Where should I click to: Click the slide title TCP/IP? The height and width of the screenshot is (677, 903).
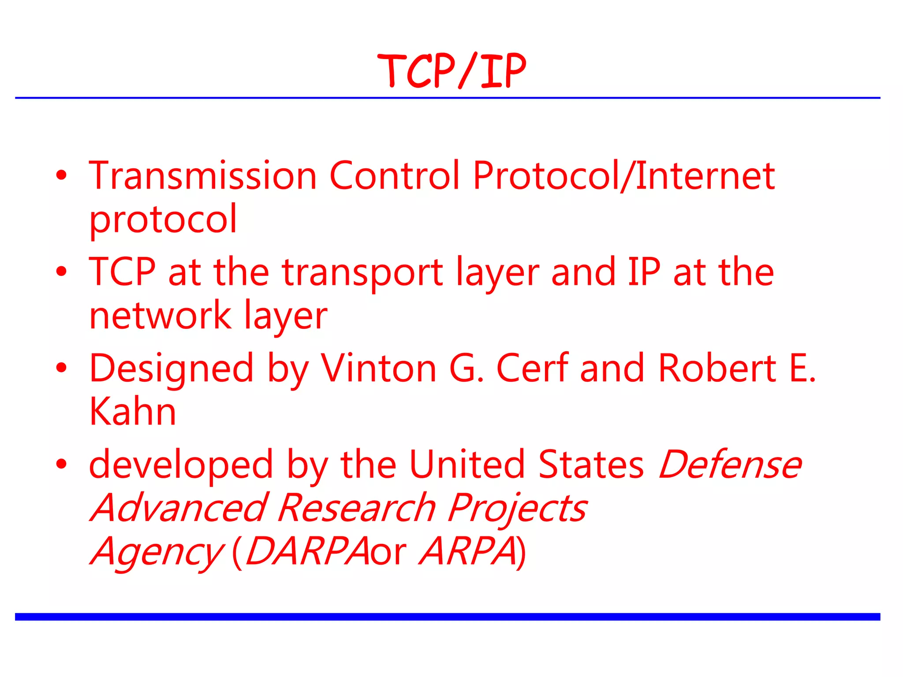click(451, 71)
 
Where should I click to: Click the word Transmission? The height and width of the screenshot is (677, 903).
click(203, 176)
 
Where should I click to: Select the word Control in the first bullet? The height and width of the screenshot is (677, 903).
click(394, 176)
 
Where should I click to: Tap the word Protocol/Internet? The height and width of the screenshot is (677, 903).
click(623, 176)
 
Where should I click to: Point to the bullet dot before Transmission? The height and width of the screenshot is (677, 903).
click(61, 175)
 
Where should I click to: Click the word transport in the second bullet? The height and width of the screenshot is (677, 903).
click(362, 272)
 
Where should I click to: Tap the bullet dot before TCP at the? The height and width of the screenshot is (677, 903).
click(61, 272)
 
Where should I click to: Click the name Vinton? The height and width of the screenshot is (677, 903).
click(378, 368)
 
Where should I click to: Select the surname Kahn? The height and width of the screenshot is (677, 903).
click(132, 412)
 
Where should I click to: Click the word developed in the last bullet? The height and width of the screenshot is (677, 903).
click(181, 465)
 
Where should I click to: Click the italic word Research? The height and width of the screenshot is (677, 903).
click(357, 508)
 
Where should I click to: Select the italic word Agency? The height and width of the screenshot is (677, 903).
click(157, 552)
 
